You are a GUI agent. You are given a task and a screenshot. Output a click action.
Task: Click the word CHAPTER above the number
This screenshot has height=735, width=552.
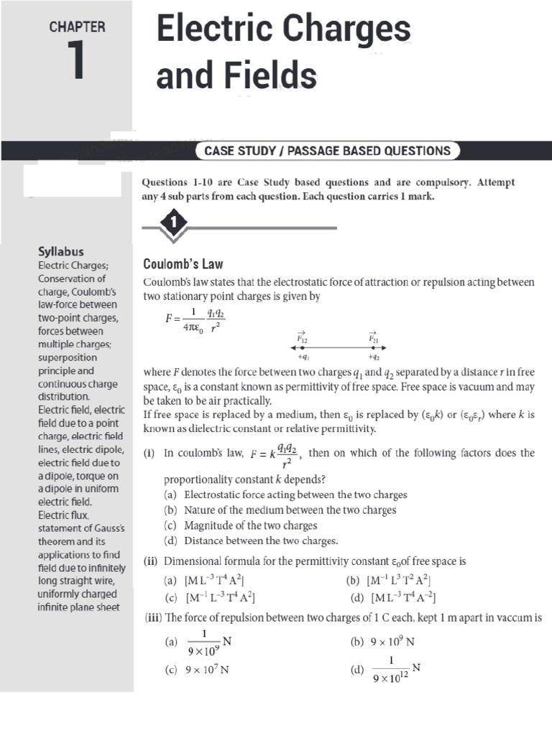click(77, 27)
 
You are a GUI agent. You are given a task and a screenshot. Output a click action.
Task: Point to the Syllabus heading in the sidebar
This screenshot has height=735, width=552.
click(60, 251)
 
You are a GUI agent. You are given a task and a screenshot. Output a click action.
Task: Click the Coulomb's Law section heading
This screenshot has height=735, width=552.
click(183, 263)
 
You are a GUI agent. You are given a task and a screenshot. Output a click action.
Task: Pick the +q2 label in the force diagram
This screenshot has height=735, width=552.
click(374, 357)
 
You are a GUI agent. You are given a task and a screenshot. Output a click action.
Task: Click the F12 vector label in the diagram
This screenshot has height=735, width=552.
click(302, 337)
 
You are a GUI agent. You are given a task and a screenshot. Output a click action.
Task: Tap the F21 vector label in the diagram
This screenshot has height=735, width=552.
click(373, 337)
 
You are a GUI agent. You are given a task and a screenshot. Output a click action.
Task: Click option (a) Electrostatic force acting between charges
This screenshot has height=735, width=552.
click(286, 495)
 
